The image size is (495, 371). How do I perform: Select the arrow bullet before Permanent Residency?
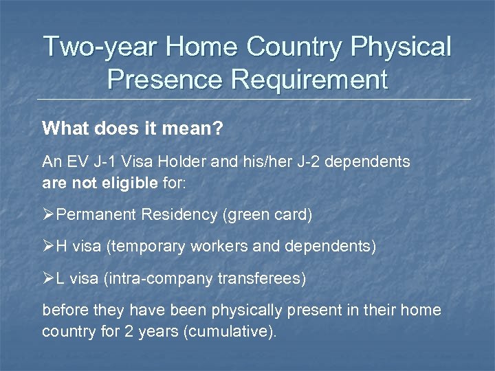pyautogui.click(x=49, y=215)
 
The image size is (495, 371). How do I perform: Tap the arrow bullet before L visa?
pyautogui.click(x=49, y=278)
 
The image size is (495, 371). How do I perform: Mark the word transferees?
pyautogui.click(x=263, y=278)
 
